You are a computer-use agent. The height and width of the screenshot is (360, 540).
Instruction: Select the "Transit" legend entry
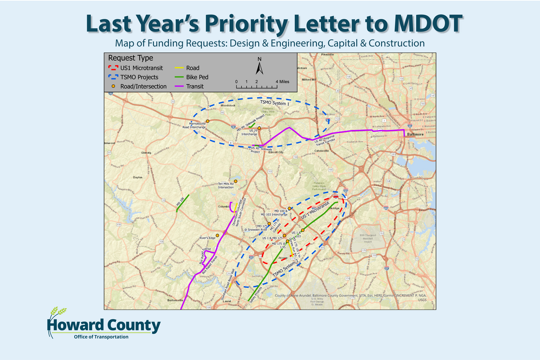196,86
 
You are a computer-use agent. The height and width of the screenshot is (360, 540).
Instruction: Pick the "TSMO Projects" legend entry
139,77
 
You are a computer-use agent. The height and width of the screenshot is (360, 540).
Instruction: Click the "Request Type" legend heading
130,58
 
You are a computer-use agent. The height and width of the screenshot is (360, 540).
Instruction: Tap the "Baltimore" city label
415,134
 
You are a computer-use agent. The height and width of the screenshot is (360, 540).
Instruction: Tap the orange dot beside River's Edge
217,235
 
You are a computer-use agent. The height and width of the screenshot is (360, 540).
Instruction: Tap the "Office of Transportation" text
101,337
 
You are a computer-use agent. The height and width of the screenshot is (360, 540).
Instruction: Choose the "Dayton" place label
137,177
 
